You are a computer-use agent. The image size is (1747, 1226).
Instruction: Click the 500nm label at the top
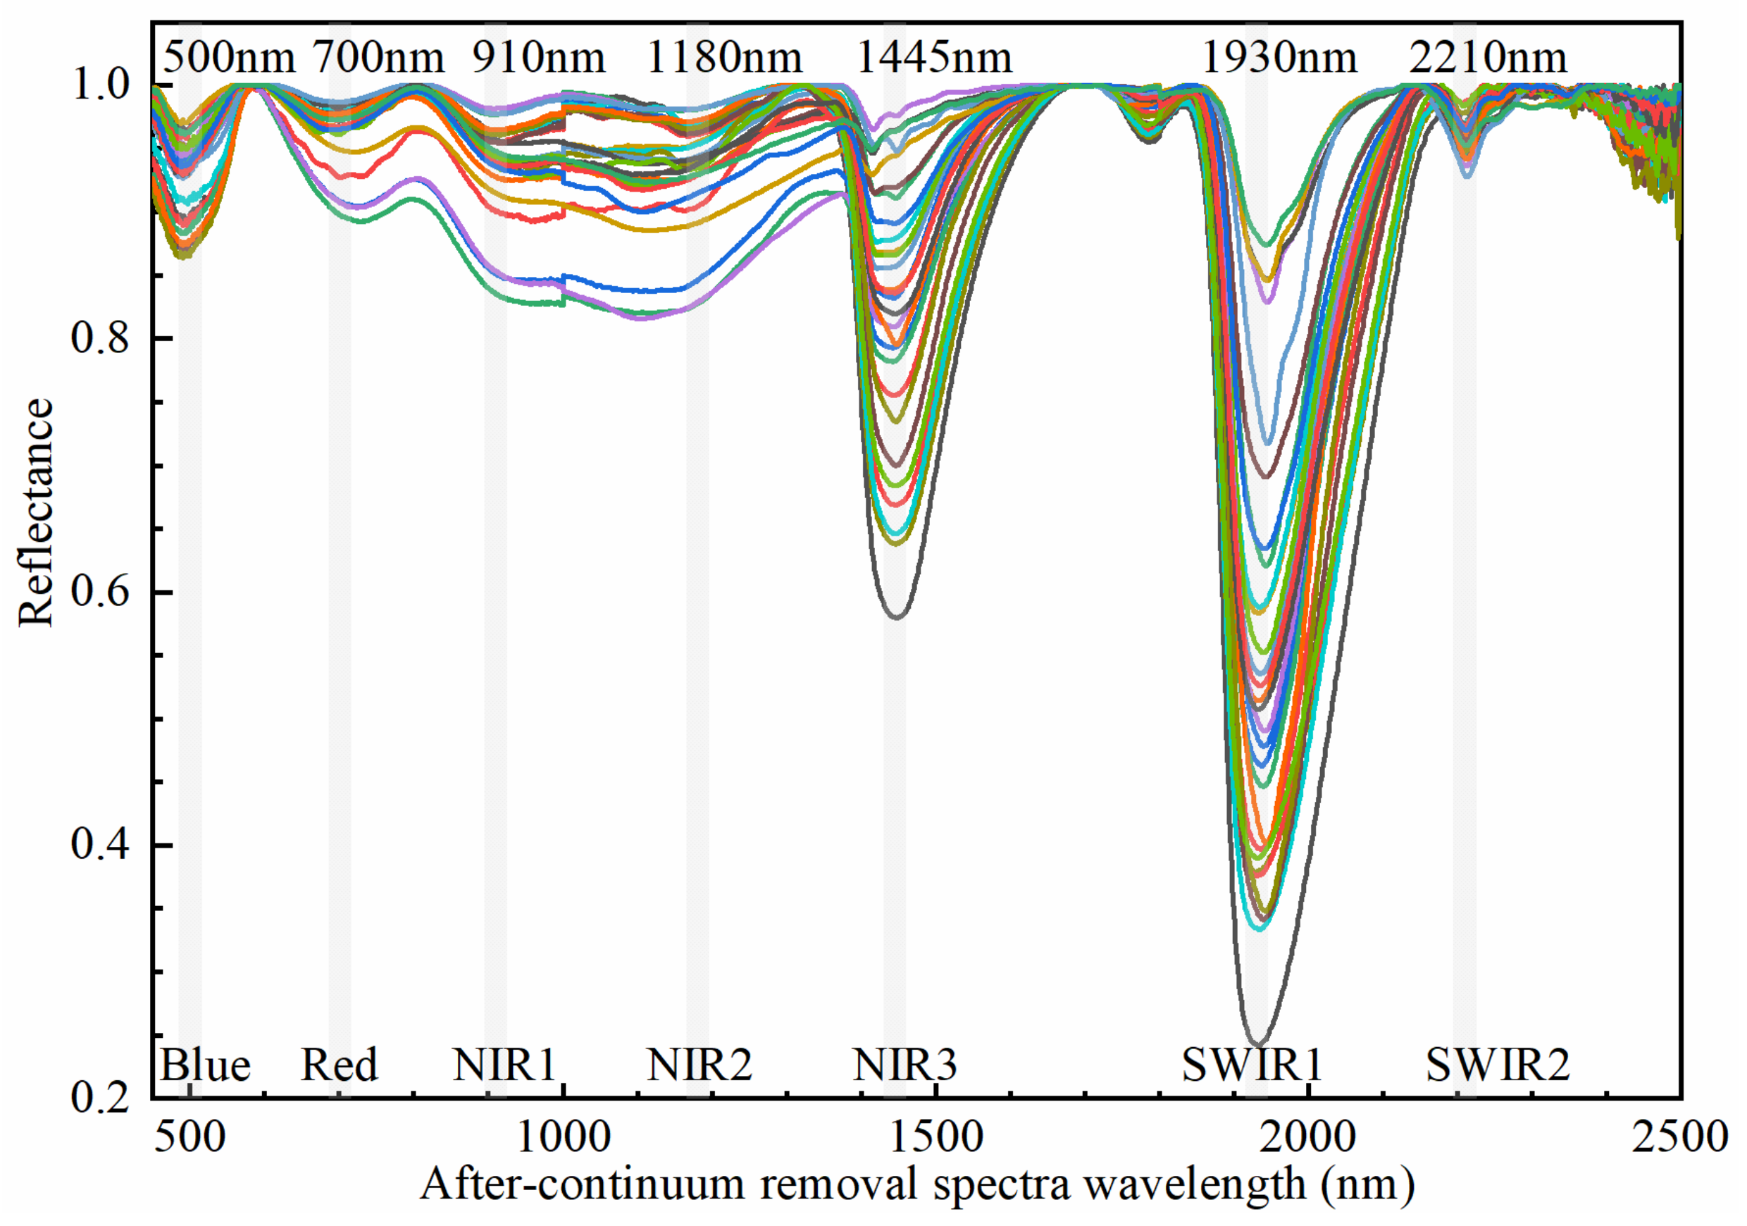click(229, 58)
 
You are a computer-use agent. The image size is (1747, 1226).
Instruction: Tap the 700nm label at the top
click(379, 58)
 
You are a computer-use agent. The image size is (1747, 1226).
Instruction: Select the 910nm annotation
click(538, 58)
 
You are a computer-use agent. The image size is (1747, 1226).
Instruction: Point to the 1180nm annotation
click(723, 58)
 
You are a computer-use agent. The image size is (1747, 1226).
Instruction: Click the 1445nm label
click(934, 58)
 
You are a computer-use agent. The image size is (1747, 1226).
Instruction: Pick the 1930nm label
click(1279, 58)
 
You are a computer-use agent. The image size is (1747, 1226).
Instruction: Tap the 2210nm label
click(1488, 58)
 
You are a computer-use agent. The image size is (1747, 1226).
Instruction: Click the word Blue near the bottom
click(205, 1065)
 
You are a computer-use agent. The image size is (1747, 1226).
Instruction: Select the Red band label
click(339, 1065)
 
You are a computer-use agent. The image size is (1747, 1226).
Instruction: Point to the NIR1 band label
click(504, 1065)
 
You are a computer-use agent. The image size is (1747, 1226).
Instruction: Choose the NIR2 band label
click(700, 1065)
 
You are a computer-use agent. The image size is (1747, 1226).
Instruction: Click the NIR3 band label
click(904, 1065)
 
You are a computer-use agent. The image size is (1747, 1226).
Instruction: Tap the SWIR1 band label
click(1252, 1065)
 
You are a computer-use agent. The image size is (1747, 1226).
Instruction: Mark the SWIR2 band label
click(1498, 1065)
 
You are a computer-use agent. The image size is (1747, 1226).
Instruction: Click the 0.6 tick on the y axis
click(99, 593)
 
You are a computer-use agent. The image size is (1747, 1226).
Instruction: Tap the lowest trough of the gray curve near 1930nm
click(1257, 1044)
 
